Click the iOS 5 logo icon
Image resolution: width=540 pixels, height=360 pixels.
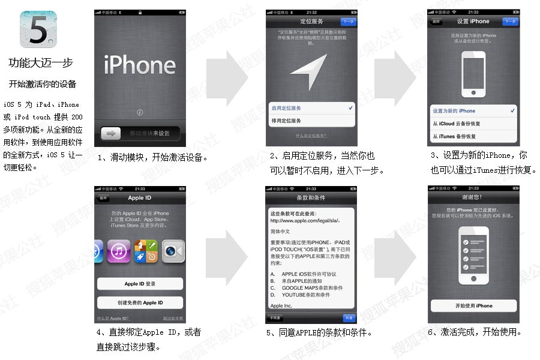(38, 29)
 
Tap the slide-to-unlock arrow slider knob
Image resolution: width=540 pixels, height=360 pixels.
(111, 133)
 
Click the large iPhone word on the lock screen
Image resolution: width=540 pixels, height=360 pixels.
(139, 65)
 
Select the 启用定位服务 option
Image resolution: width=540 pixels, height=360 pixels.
(311, 108)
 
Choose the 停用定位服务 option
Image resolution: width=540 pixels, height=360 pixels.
(311, 121)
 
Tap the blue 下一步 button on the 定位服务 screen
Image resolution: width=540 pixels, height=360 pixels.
(347, 21)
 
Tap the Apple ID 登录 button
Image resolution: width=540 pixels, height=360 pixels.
(140, 284)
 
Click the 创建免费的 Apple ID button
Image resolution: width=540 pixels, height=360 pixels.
(140, 302)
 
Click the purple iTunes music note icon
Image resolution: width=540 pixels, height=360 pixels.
(119, 251)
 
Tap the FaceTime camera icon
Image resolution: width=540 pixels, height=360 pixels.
(173, 251)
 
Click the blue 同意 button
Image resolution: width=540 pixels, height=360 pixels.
(349, 318)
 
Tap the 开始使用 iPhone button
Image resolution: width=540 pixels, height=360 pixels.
(473, 306)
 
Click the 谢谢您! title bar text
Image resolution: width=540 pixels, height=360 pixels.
(473, 197)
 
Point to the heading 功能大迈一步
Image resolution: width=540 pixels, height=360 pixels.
(41, 63)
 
